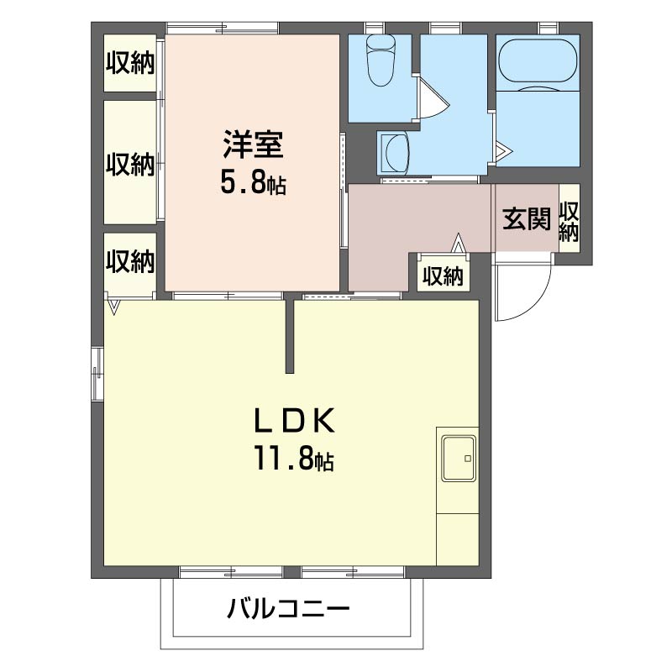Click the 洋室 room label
pos(253,144)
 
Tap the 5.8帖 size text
pos(253,182)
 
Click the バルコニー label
pos(286,609)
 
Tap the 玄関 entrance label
pos(527,219)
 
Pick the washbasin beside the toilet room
pos(394,154)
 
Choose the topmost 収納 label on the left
pos(130,62)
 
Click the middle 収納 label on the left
pos(130,164)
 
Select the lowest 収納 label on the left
pos(130,262)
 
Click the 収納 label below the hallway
pos(443,276)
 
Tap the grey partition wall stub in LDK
pos(289,336)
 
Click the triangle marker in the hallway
pos(459,243)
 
